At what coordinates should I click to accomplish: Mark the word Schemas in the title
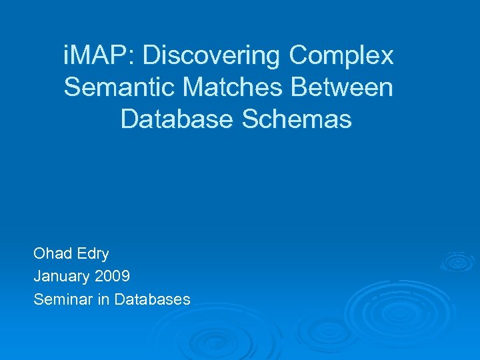297,119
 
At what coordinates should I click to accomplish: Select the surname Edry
93,254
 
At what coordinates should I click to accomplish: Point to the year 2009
113,276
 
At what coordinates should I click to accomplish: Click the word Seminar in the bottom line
63,299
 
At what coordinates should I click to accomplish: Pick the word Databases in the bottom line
153,299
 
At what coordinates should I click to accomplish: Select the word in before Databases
103,299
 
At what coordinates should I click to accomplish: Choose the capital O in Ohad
39,253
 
